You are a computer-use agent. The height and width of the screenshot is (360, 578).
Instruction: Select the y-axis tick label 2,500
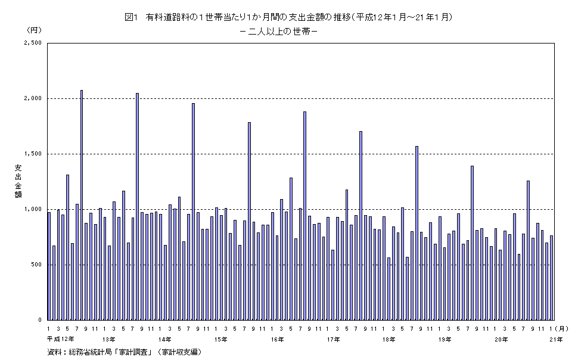[x=32, y=44]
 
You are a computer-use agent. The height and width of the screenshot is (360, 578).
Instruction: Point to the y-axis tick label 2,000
[x=32, y=99]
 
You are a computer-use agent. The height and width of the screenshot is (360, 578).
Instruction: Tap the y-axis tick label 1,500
[x=32, y=154]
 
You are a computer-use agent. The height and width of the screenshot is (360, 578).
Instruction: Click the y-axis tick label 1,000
[x=32, y=210]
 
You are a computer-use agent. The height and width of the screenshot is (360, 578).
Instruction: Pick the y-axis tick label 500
[x=35, y=265]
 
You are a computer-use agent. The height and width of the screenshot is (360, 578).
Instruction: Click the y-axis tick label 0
[x=39, y=320]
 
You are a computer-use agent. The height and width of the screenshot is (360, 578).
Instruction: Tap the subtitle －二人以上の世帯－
[x=277, y=32]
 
